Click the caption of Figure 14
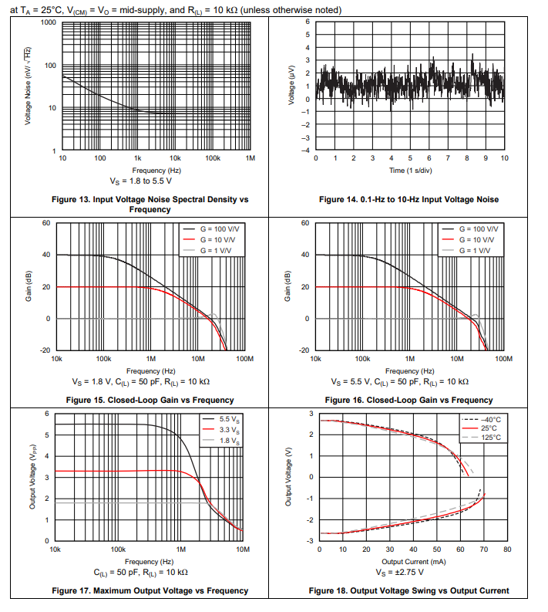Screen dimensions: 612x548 click(408, 199)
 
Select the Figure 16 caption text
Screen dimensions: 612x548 click(408, 400)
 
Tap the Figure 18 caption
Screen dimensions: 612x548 click(408, 590)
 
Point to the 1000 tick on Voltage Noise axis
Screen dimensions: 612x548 click(49, 22)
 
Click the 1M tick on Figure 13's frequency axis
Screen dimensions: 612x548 click(250, 158)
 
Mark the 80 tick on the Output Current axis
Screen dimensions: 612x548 click(507, 549)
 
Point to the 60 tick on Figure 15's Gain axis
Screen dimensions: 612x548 click(46, 223)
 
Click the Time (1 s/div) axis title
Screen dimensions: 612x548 click(408, 170)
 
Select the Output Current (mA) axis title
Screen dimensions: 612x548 click(408, 561)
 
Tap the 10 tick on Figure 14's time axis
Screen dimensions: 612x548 click(504, 158)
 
